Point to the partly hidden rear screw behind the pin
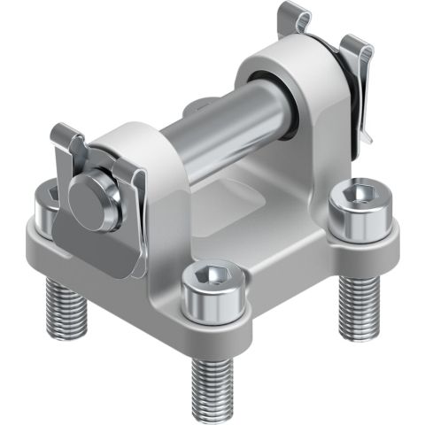coord(197,107)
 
